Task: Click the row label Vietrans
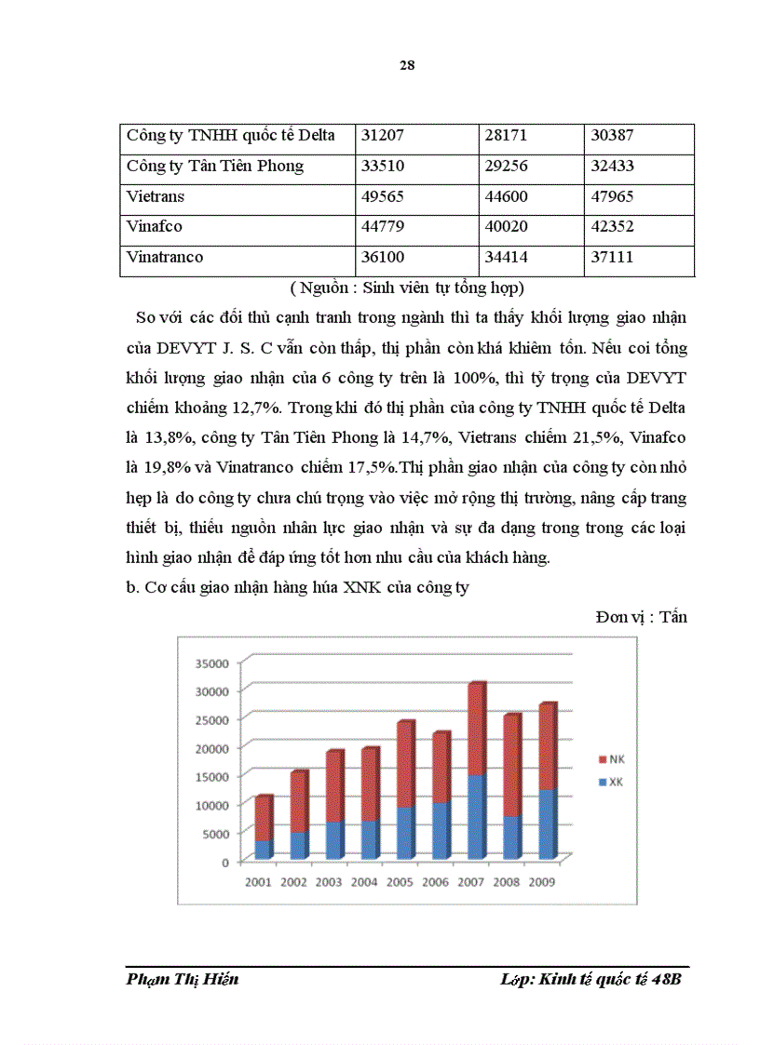click(156, 197)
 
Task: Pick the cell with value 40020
click(507, 227)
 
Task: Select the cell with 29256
click(507, 167)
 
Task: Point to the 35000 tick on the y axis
click(210, 663)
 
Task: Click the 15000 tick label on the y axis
click(210, 777)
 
